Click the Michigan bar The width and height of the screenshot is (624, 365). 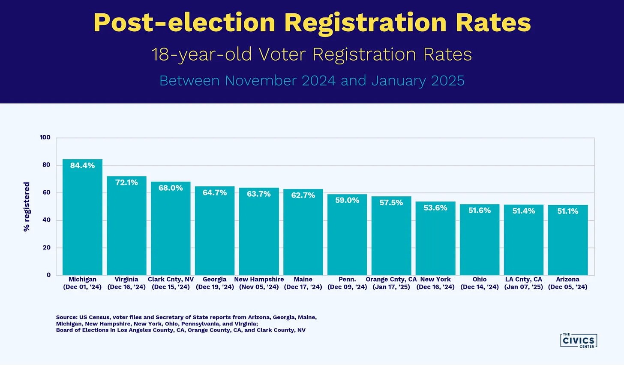click(x=82, y=219)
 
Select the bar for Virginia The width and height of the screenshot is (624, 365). click(x=126, y=228)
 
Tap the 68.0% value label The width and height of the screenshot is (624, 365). click(x=171, y=188)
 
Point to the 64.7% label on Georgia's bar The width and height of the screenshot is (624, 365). click(x=215, y=193)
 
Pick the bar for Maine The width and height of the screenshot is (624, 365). click(x=303, y=234)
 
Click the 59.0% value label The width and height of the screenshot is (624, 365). click(x=347, y=201)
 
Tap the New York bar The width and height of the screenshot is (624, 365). click(x=435, y=240)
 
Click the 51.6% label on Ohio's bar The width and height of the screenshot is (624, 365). click(x=480, y=210)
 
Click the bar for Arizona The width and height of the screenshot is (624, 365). click(x=568, y=243)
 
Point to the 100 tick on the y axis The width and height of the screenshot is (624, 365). click(x=45, y=137)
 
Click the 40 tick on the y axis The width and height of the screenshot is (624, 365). click(x=46, y=220)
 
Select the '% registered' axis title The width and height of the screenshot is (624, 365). click(x=27, y=207)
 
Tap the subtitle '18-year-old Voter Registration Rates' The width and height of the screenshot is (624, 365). click(x=312, y=55)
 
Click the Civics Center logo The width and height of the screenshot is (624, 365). click(x=578, y=340)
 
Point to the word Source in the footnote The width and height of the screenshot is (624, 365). click(x=66, y=317)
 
